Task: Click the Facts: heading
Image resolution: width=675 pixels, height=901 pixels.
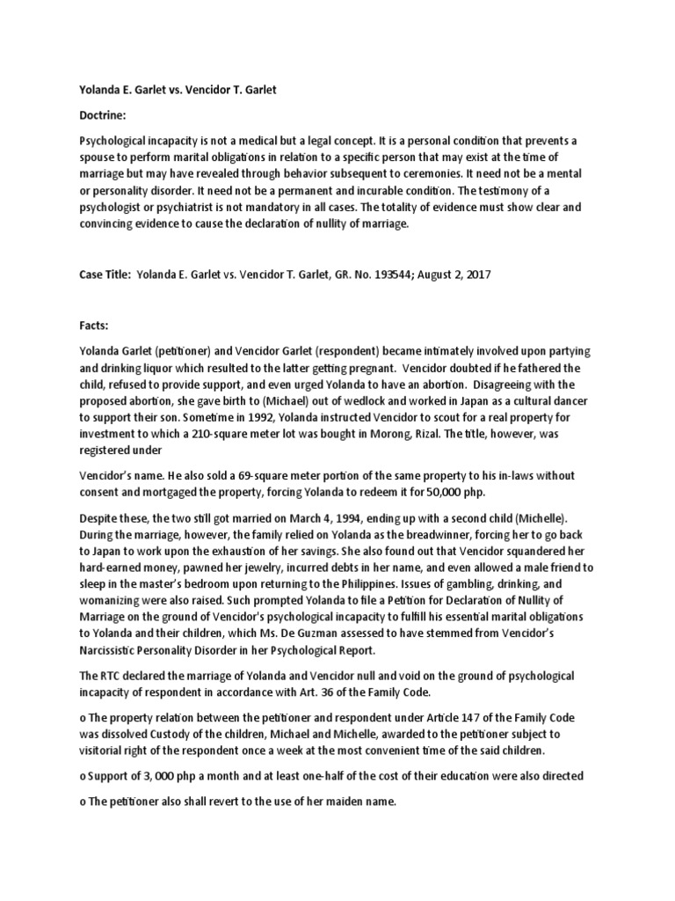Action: tap(96, 325)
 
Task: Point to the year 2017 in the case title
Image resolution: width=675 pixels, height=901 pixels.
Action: tap(476, 275)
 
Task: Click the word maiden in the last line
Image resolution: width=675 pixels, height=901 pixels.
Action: tap(306, 802)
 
